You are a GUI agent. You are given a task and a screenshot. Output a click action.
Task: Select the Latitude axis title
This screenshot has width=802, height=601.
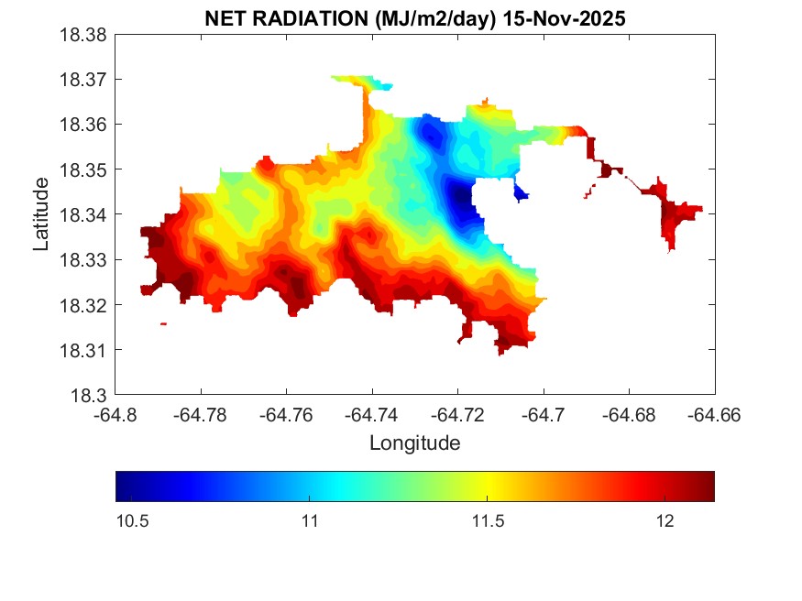coord(41,214)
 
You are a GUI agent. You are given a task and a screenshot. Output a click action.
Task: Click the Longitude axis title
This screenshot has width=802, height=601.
coord(414,443)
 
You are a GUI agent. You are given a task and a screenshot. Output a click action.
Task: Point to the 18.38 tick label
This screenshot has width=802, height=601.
coord(84,35)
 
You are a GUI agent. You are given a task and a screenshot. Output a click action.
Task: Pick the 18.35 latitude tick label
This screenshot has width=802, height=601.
coord(84,169)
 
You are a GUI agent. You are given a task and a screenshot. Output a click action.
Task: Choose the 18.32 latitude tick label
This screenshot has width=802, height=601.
coord(84,305)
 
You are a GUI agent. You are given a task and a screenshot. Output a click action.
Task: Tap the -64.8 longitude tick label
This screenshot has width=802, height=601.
coord(115,415)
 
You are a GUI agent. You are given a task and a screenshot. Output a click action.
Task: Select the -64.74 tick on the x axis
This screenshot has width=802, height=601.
coord(372,415)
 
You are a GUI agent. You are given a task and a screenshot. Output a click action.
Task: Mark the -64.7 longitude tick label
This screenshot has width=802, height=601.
coord(544,415)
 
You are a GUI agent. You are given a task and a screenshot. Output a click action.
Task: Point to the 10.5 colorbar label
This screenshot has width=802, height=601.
coord(133,521)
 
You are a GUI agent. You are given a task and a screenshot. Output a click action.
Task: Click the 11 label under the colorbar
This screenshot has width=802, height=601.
coord(309,521)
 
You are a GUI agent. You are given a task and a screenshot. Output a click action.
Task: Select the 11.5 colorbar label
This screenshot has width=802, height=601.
coord(488,521)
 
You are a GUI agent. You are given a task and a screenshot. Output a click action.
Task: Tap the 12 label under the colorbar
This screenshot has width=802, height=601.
coord(665,521)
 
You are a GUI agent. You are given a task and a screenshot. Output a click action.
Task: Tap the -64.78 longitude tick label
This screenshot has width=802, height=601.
coord(201,415)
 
